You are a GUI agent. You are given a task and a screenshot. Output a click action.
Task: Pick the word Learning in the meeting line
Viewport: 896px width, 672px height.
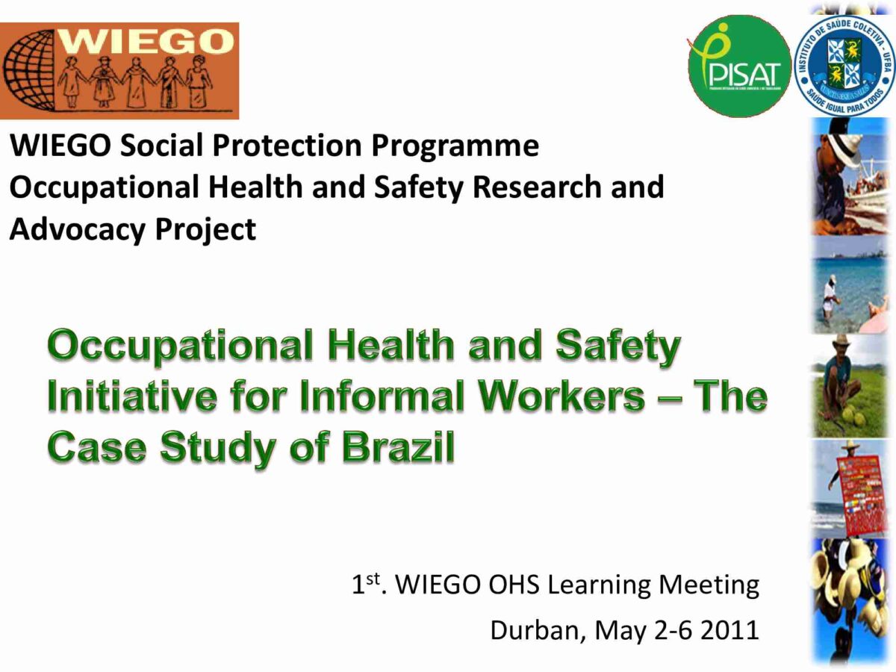tap(600, 585)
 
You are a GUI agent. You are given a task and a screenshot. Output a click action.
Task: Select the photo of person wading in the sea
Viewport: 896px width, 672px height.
tap(850, 287)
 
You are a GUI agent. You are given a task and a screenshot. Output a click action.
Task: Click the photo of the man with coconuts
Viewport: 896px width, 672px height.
tap(850, 386)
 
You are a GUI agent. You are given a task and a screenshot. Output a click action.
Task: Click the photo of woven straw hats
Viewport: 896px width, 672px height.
tap(850, 597)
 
